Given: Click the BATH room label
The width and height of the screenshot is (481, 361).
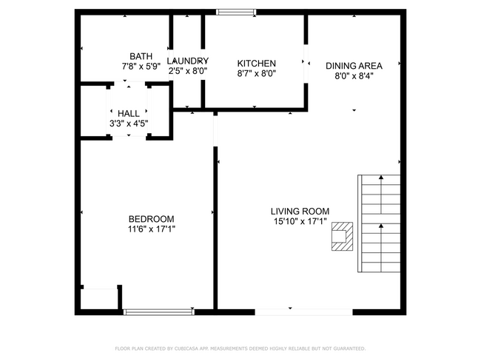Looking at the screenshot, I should coord(141,56).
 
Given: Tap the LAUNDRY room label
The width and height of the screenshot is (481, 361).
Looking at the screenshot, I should coord(187,61).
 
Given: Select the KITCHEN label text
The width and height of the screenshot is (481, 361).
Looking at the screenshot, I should coord(256,64).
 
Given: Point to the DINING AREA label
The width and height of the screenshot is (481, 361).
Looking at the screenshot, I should coord(354,65).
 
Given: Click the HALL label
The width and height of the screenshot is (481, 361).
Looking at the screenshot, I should coord(129,113).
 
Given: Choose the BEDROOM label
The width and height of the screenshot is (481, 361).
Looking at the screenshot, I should coord(151,218).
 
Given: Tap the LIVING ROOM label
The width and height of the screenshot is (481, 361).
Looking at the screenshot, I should coord(300,211).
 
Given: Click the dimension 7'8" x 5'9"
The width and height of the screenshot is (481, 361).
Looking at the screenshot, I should coord(141,67).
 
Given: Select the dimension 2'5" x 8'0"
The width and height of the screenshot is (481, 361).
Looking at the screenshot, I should coord(187,71).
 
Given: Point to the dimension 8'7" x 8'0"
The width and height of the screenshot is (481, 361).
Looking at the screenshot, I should coord(256,74).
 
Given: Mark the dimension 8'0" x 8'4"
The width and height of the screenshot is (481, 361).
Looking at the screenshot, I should coord(354,75).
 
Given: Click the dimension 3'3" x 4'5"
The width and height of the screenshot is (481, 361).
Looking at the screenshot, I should coord(129,124).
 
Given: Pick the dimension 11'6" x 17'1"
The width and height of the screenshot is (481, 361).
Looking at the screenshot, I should coord(151,229).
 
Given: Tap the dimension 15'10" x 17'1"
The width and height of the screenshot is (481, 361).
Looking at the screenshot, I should coord(300,221).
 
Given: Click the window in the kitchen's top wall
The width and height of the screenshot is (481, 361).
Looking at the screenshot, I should coord(236,12).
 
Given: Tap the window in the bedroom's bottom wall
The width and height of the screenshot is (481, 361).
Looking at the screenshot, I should coord(158,311).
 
